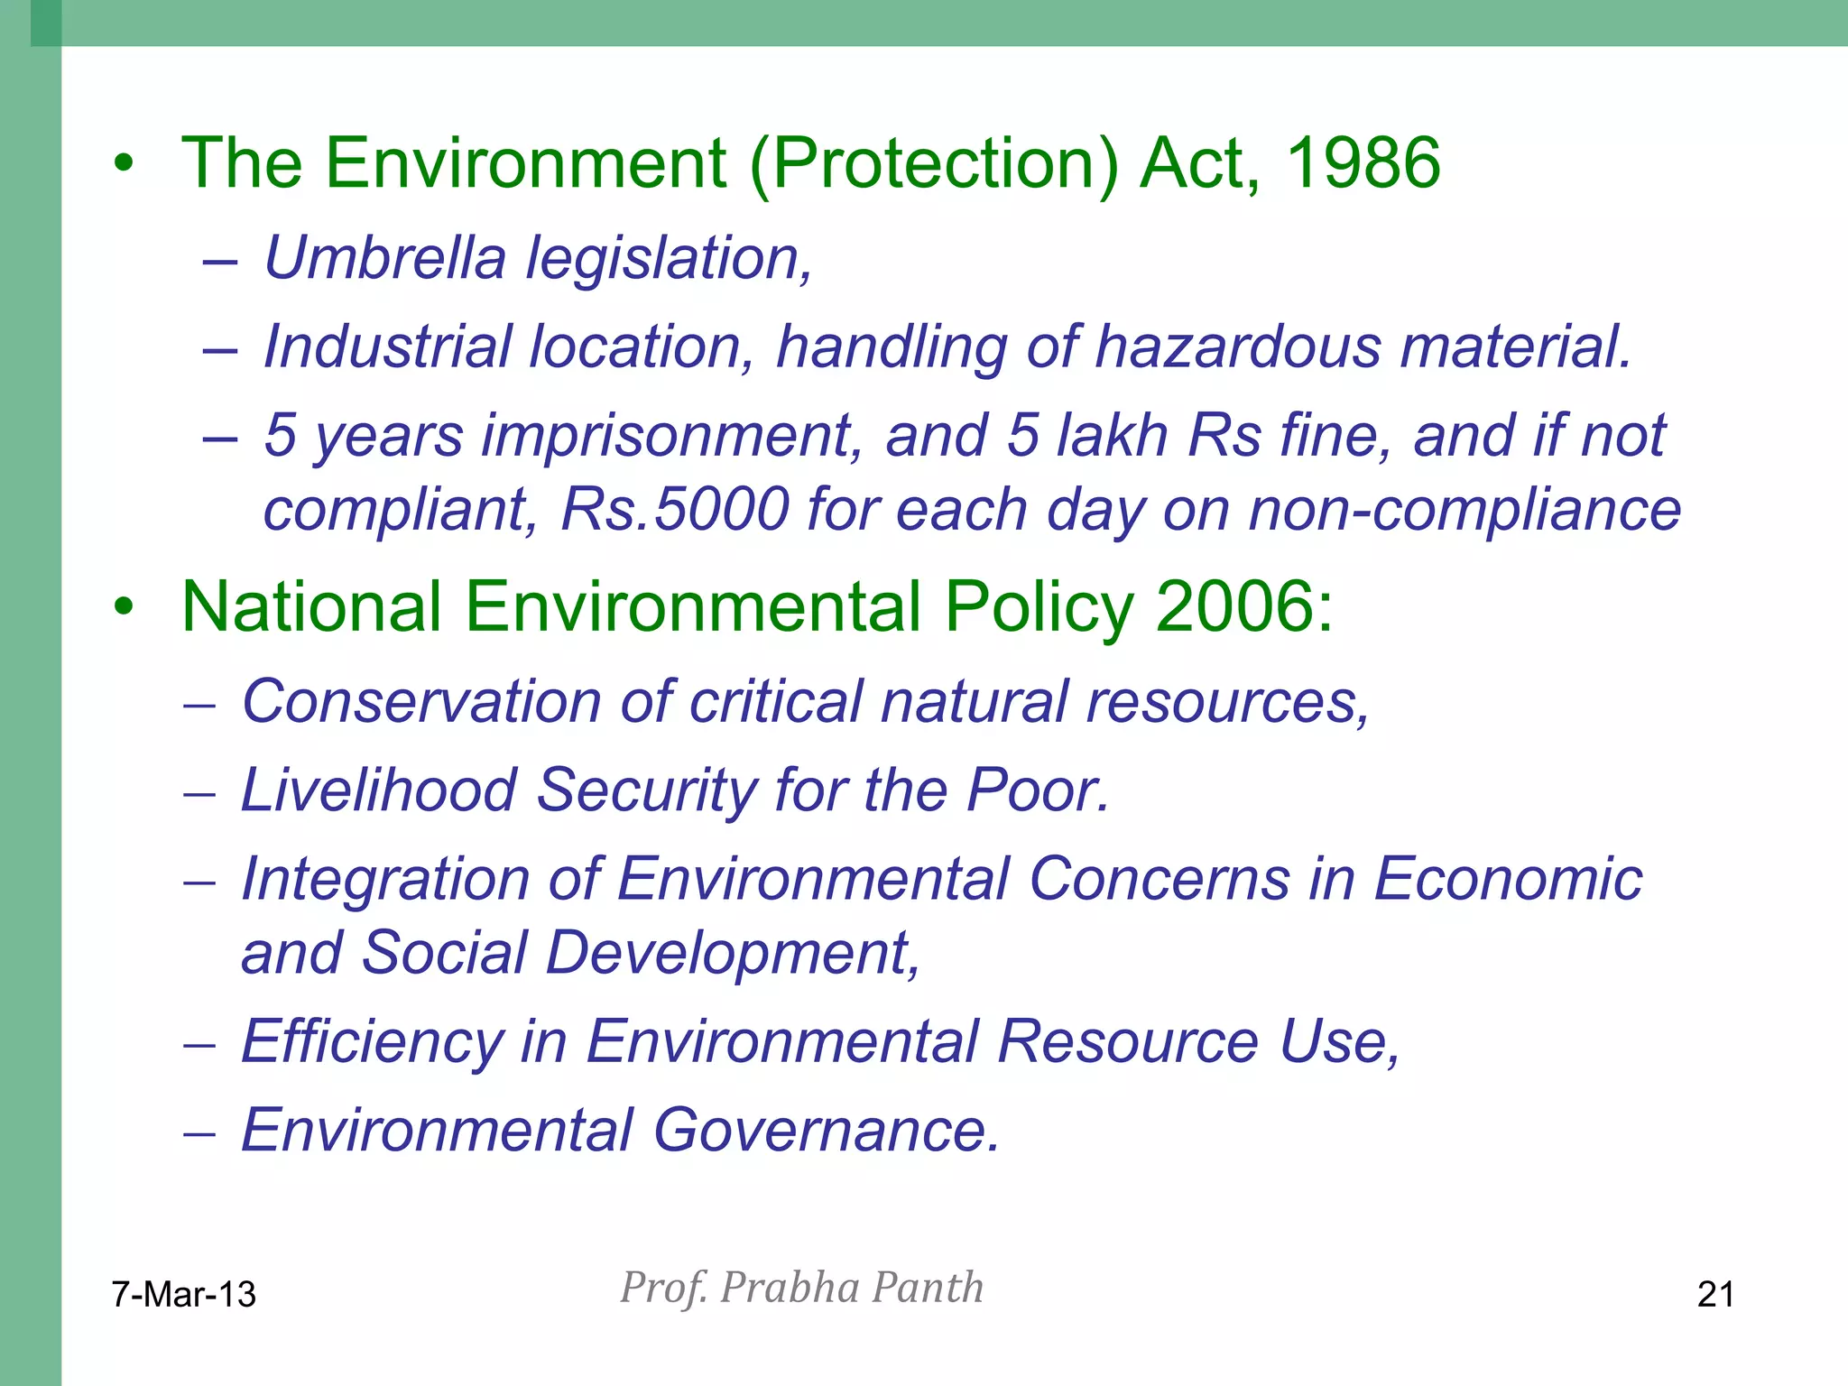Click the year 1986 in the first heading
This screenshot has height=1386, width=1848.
pos(1363,163)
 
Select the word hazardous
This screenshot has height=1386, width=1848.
pos(1237,346)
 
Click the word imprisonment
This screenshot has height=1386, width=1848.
pos(671,436)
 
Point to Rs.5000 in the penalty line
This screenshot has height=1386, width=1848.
pos(673,509)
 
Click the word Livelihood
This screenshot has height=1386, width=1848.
pos(379,790)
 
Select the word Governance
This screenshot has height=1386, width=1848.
pos(826,1130)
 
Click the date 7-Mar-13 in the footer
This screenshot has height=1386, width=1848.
pos(184,1294)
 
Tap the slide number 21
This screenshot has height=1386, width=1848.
pos(1715,1294)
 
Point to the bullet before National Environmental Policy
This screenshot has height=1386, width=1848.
pos(124,607)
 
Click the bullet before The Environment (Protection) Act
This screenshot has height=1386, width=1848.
pos(124,164)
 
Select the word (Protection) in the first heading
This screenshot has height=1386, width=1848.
pos(933,163)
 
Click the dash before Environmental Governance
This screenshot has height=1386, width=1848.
pos(199,1132)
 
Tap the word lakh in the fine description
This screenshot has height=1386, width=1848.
pos(1113,436)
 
